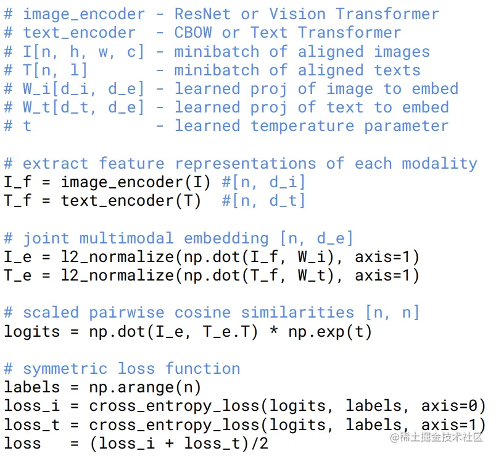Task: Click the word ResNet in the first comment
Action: [202, 14]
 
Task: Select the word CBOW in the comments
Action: [193, 33]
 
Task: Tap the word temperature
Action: [302, 126]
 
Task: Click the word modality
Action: [440, 164]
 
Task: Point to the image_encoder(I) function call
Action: [136, 182]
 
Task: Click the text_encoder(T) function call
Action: [131, 201]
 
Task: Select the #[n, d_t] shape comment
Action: [264, 201]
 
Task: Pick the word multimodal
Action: [126, 239]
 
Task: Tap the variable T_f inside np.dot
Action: [265, 276]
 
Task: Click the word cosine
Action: [203, 313]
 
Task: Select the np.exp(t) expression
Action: [330, 332]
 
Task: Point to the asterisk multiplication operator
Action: [274, 331]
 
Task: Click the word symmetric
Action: [65, 369]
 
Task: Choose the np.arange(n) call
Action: [145, 388]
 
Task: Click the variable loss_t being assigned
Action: [31, 425]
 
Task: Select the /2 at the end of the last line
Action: [260, 444]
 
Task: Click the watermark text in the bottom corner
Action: [437, 437]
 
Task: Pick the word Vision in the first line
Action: [297, 14]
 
